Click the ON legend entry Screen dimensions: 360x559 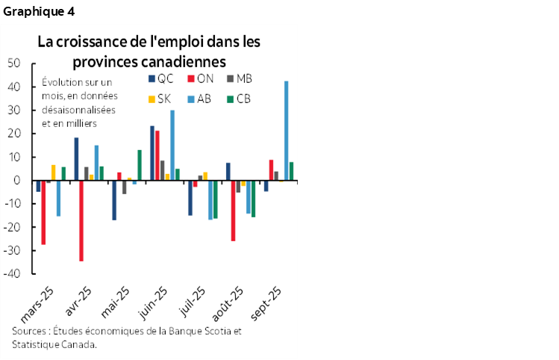pyautogui.click(x=200, y=79)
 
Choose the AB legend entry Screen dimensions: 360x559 pyautogui.click(x=200, y=99)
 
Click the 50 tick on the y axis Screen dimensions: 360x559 pyautogui.click(x=13, y=63)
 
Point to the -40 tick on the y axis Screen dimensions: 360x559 pyautogui.click(x=12, y=274)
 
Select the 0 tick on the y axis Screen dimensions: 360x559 pyautogui.click(x=16, y=181)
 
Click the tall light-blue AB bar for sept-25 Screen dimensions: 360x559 pyautogui.click(x=287, y=131)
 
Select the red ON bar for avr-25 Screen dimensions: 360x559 pyautogui.click(x=81, y=220)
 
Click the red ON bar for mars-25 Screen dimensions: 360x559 pyautogui.click(x=43, y=212)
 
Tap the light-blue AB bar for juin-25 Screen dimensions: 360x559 pyautogui.click(x=172, y=145)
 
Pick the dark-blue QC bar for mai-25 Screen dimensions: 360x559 pyautogui.click(x=114, y=200)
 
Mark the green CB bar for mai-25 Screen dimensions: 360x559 pyautogui.click(x=140, y=165)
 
